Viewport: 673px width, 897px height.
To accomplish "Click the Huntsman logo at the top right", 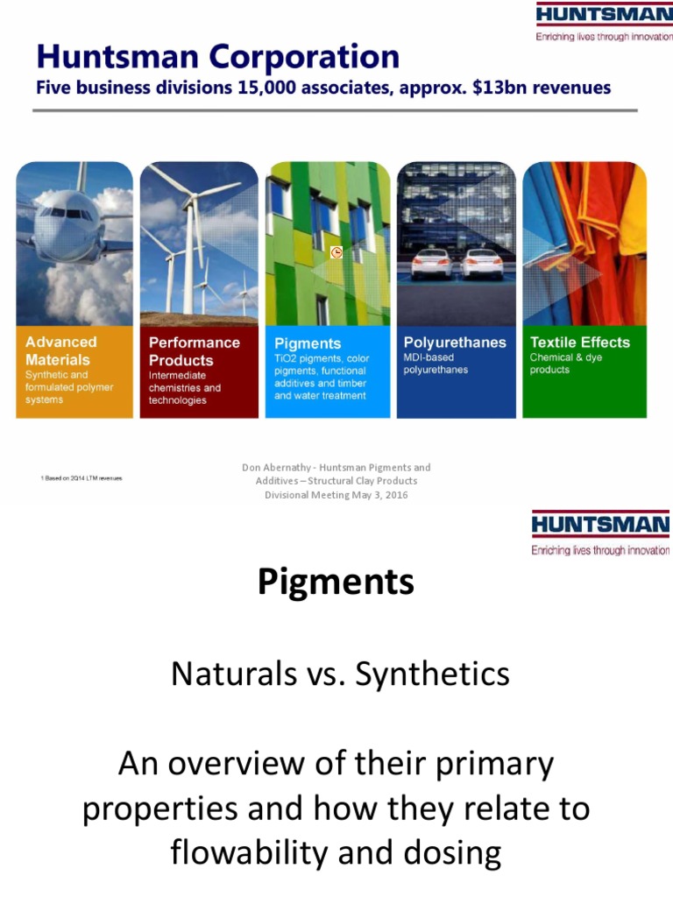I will click(604, 17).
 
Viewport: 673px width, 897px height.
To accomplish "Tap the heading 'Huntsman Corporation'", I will click(217, 58).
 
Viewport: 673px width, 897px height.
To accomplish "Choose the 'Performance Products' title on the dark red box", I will click(194, 351).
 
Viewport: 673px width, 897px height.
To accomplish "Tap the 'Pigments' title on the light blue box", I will click(308, 343).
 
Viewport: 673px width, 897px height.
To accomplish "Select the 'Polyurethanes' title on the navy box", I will click(455, 343).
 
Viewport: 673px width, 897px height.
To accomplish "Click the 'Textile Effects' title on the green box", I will click(580, 343).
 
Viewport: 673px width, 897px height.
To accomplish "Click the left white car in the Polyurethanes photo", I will click(431, 263).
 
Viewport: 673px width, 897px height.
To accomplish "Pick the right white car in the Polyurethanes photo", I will click(482, 263).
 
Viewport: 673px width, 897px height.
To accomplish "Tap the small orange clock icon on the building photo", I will click(336, 252).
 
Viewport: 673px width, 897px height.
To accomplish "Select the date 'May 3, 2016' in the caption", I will click(378, 495).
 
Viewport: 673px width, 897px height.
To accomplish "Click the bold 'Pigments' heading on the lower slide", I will click(336, 583).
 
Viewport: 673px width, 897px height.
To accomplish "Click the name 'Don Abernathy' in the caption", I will click(273, 468).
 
